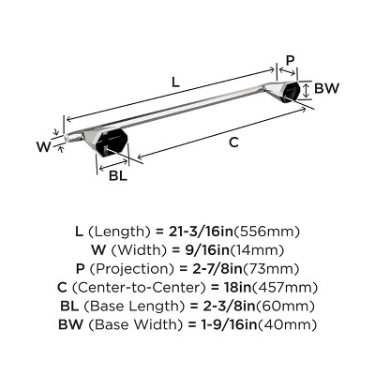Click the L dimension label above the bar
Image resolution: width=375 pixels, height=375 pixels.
coord(175,82)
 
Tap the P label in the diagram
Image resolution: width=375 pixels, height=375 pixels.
coord(290,61)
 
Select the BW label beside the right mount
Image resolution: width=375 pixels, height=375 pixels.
coord(326,90)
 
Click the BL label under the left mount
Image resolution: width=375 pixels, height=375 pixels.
coord(118,175)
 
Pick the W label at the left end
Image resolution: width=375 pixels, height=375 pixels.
coord(43,145)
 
